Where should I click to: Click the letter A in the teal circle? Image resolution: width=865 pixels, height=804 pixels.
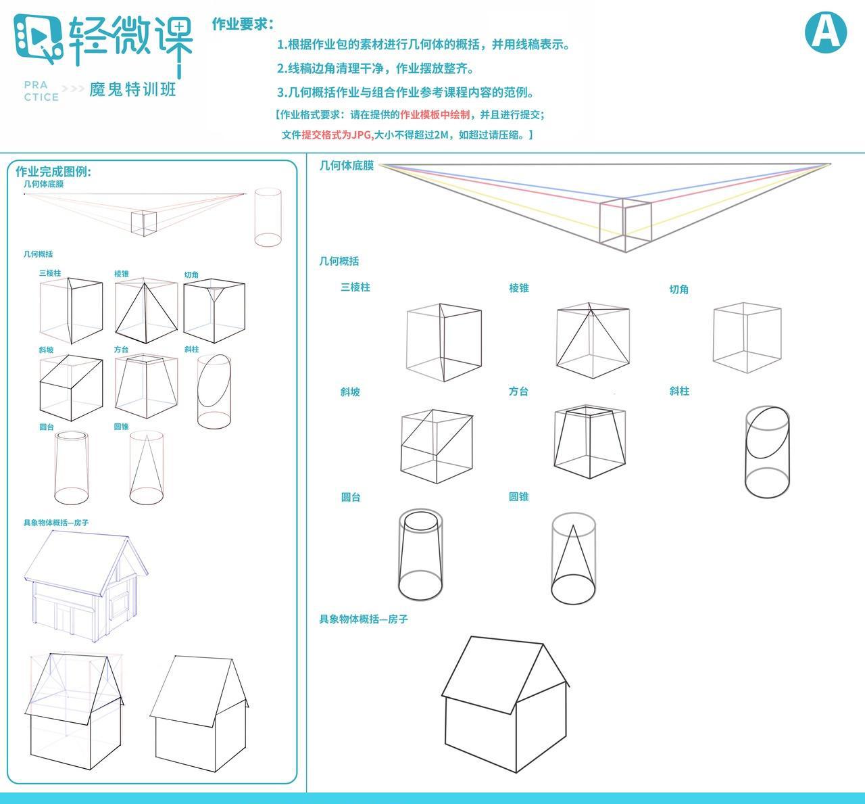click(825, 31)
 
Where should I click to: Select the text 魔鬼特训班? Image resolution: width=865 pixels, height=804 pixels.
click(132, 89)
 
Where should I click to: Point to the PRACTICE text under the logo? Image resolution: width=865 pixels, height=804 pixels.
click(41, 91)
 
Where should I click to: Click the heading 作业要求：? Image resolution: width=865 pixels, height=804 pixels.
click(243, 24)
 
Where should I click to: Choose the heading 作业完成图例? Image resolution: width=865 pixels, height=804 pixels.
click(53, 172)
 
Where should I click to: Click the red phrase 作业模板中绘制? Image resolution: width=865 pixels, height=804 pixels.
click(435, 115)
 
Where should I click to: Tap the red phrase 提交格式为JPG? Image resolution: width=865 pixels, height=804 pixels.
click(337, 135)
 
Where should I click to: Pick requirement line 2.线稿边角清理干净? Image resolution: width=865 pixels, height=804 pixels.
click(376, 69)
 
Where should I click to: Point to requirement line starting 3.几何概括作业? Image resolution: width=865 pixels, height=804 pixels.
click(405, 93)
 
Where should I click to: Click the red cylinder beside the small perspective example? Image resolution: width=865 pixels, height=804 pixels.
click(268, 218)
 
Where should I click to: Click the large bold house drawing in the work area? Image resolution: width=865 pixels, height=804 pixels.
click(505, 703)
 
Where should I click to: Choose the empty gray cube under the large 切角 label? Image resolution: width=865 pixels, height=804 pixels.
click(747, 337)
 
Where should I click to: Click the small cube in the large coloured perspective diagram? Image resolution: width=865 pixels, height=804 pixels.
click(625, 223)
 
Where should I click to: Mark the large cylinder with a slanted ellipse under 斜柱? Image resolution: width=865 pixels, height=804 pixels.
click(767, 451)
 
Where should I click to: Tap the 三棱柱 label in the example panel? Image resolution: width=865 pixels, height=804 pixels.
click(50, 273)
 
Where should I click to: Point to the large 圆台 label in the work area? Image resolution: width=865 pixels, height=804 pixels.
click(351, 497)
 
